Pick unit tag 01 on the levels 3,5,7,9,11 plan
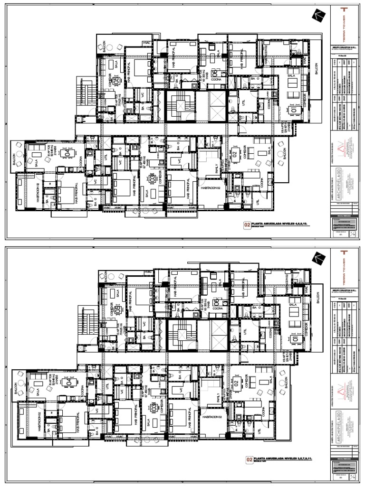pyautogui.click(x=295, y=340)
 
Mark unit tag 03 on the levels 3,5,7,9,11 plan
pyautogui.click(x=154, y=407)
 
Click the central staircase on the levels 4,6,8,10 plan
pyautogui.click(x=181, y=105)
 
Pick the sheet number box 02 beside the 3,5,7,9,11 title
pyautogui.click(x=247, y=459)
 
